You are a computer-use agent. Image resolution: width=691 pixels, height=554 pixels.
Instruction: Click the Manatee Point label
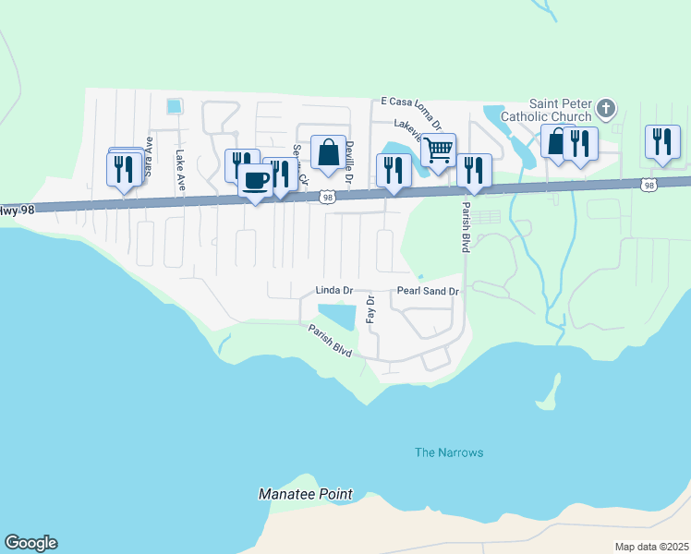pos(305,494)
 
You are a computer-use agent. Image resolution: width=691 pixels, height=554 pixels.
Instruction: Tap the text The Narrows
pos(448,452)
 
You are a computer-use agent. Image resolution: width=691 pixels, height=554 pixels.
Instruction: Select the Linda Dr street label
pos(335,291)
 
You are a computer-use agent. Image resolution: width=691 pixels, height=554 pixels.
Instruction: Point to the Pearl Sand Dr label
pos(428,291)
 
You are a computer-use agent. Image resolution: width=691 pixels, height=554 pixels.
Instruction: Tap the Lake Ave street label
pos(181,171)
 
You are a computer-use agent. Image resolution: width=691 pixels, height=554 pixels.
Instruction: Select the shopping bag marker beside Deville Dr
pos(328,152)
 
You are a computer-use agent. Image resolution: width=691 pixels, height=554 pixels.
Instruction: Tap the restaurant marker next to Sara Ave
pos(124,170)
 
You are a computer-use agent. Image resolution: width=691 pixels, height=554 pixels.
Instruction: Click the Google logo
pos(30,543)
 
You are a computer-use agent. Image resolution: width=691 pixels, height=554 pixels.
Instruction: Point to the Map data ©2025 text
pos(652,547)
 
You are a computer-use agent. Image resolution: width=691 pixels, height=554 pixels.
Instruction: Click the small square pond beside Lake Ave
pos(175,106)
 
